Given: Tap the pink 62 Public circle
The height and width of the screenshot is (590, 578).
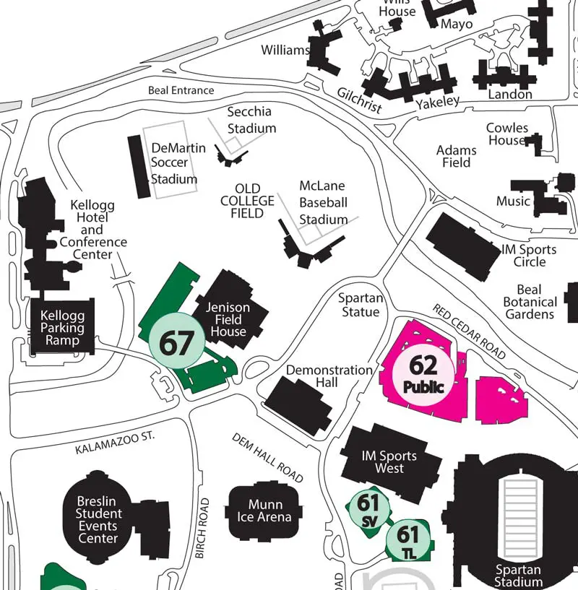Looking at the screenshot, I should [x=423, y=373].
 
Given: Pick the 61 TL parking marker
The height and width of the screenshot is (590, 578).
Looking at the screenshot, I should [x=407, y=539].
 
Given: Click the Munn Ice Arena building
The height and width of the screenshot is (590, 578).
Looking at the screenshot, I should [x=264, y=511].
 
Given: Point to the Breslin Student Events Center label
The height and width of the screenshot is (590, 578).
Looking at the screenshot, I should [x=98, y=519].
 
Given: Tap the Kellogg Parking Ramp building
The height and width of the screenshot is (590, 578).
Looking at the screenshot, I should [x=62, y=329].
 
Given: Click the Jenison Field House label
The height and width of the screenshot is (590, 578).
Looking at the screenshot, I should [x=228, y=319].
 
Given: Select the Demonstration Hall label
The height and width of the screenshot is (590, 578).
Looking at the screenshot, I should [x=329, y=376].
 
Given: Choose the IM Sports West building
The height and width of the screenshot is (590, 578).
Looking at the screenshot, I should [x=389, y=462].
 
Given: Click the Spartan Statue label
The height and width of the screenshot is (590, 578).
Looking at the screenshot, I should [x=361, y=305].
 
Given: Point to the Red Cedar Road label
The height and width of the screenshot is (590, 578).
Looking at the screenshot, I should [x=469, y=331].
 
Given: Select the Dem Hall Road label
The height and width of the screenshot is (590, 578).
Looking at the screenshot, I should [x=267, y=459].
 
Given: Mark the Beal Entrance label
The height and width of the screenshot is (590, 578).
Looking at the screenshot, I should [x=181, y=90].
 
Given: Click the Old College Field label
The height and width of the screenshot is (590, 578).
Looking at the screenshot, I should [x=247, y=201].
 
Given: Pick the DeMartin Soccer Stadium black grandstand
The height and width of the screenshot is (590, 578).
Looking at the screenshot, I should [x=140, y=166].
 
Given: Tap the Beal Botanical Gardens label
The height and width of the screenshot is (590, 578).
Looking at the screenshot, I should [x=530, y=302].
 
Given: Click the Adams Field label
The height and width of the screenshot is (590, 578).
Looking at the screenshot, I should [x=457, y=156].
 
